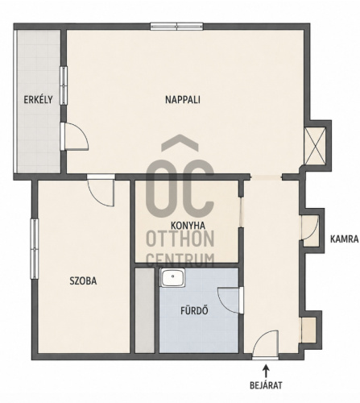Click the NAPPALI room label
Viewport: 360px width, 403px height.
click(183, 100)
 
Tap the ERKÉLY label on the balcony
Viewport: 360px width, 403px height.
click(38, 100)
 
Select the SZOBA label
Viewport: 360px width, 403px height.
click(83, 281)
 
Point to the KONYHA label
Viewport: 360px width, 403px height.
click(188, 225)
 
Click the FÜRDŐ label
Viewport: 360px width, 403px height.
click(194, 310)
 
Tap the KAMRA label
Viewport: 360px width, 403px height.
click(344, 239)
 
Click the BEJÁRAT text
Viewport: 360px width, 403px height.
click(266, 385)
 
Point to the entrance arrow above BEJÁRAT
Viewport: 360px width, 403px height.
click(266, 371)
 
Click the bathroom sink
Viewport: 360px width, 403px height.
click(173, 277)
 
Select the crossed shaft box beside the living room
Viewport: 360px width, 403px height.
click(315, 145)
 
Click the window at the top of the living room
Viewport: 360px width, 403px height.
click(176, 27)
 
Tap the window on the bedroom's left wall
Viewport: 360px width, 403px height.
click(35, 249)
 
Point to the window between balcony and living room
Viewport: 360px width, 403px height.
click(64, 85)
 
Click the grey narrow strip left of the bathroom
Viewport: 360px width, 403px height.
click(145, 310)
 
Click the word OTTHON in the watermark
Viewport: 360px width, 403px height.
click(180, 239)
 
